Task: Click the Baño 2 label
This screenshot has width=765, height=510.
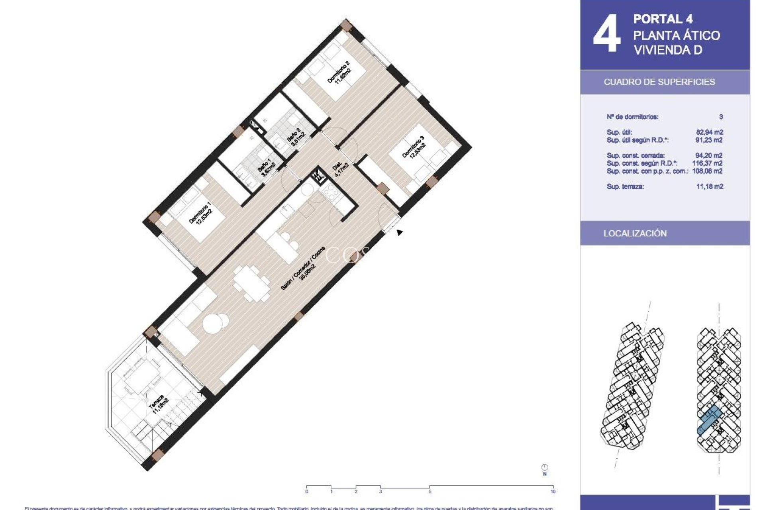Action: coord(296,137)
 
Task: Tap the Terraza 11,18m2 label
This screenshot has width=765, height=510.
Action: coord(159,405)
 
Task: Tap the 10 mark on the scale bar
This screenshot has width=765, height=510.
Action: coord(553,492)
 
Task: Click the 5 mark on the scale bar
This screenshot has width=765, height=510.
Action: coord(430,492)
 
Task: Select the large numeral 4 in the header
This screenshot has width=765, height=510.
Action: coord(606,34)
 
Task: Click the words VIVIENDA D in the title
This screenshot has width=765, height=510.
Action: coord(667,50)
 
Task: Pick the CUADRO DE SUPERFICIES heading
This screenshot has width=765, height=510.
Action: coord(659,82)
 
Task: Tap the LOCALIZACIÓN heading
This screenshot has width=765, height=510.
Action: coord(635,233)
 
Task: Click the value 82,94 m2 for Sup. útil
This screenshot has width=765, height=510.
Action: coord(709,132)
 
